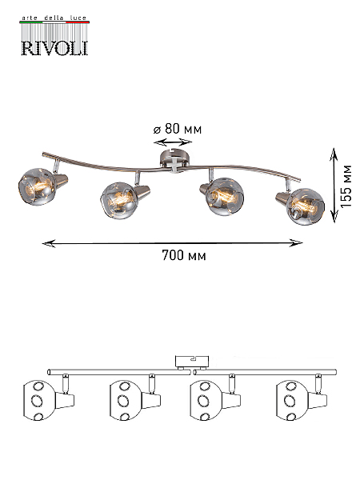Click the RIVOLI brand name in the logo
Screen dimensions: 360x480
click(x=54, y=48)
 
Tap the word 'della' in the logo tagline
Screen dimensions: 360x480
click(x=54, y=18)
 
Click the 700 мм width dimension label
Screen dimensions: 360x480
click(x=184, y=255)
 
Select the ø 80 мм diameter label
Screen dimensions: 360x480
click(x=178, y=129)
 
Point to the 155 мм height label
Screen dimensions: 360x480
click(x=346, y=186)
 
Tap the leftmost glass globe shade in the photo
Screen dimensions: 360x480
click(x=38, y=186)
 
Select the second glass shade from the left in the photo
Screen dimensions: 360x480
click(x=118, y=200)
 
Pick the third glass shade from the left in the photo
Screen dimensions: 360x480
click(x=224, y=196)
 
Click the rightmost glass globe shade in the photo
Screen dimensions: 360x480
click(x=306, y=206)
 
